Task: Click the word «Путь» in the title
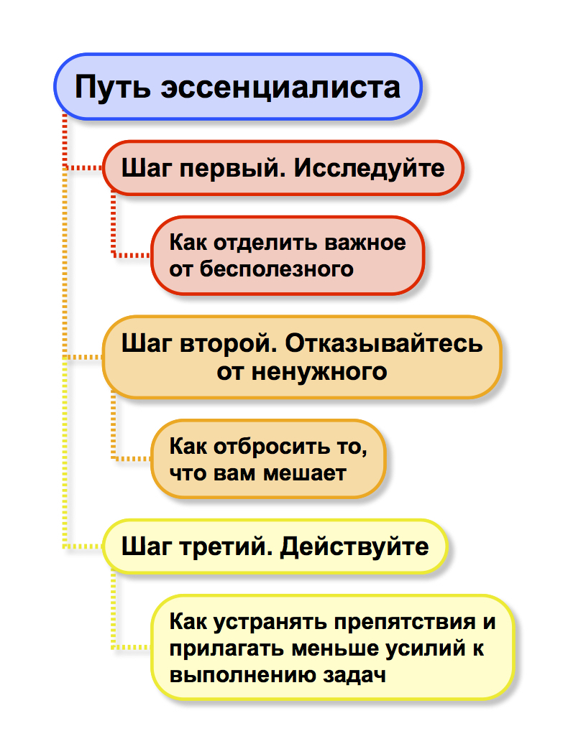(x=113, y=87)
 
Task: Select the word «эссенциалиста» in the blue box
(x=280, y=88)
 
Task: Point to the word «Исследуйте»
(x=370, y=168)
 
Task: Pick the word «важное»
(x=365, y=243)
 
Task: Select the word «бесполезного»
(x=276, y=269)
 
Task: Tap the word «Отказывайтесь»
(x=384, y=344)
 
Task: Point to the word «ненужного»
(x=319, y=372)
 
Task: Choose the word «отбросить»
(x=265, y=447)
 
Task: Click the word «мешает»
(x=305, y=473)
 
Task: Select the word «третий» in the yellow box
(x=226, y=546)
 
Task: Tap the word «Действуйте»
(x=354, y=546)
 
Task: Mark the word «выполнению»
(x=242, y=675)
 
